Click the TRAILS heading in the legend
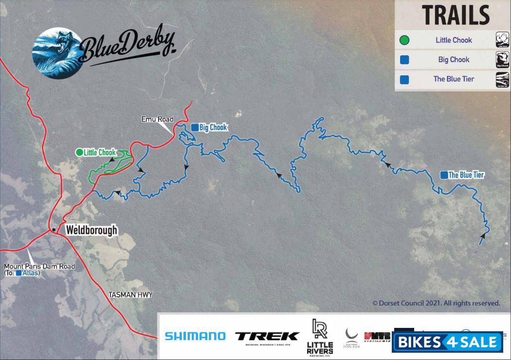pyautogui.click(x=456, y=16)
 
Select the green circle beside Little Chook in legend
pyautogui.click(x=404, y=40)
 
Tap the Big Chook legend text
pyautogui.click(x=454, y=60)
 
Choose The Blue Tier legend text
pyautogui.click(x=454, y=79)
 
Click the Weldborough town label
pyautogui.click(x=92, y=230)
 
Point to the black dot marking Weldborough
pyautogui.click(x=54, y=229)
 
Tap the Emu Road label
pyautogui.click(x=157, y=119)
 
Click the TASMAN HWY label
pyautogui.click(x=130, y=295)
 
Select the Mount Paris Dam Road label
pyautogui.click(x=39, y=266)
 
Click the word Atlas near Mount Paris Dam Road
pyautogui.click(x=30, y=273)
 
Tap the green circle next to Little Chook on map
pyautogui.click(x=79, y=152)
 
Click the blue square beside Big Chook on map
pyautogui.click(x=194, y=127)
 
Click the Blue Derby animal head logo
pyautogui.click(x=56, y=52)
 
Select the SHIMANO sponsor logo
pyautogui.click(x=195, y=336)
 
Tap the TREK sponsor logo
pyautogui.click(x=267, y=336)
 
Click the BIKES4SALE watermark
pyautogui.click(x=447, y=342)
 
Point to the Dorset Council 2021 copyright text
pyautogui.click(x=436, y=303)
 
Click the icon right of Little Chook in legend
pyautogui.click(x=502, y=39)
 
